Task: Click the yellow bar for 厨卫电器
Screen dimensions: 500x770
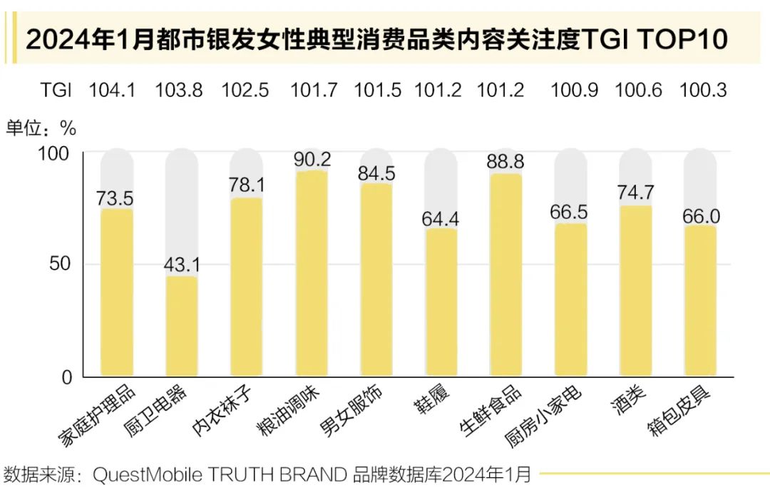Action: point(182,326)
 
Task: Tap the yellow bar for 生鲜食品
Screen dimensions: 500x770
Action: point(505,275)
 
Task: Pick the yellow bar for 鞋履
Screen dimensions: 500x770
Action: point(441,302)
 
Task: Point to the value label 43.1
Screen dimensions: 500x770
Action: point(182,265)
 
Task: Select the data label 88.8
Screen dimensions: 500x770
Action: point(505,161)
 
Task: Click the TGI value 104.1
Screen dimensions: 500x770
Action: point(112,91)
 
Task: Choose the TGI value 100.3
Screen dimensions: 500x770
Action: point(703,91)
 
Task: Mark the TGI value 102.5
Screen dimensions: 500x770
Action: point(245,91)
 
